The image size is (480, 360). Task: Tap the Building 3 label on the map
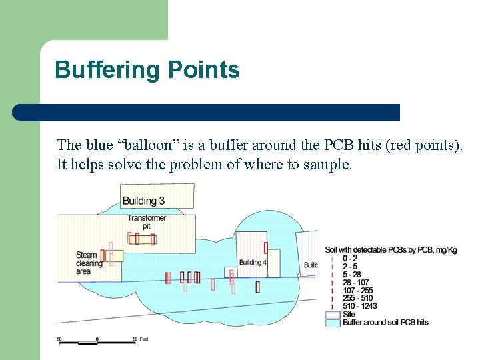point(143,201)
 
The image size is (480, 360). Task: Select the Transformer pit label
point(147,222)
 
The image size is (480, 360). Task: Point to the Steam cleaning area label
point(89,263)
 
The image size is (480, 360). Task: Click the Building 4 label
point(252,263)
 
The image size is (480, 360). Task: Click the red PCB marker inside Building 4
point(265,247)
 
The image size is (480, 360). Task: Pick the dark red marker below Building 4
point(257,287)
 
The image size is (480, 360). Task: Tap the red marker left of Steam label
point(103,255)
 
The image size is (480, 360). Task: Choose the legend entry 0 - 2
point(350,258)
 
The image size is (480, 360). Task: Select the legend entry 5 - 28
point(351,274)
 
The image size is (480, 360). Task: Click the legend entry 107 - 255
point(357,290)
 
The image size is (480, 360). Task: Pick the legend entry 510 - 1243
point(359,306)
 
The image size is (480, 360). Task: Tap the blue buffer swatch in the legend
point(333,323)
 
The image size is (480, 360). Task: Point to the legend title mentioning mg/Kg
point(391,250)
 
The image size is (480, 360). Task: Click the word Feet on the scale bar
point(144,339)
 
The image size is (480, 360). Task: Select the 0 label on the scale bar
point(97,339)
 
